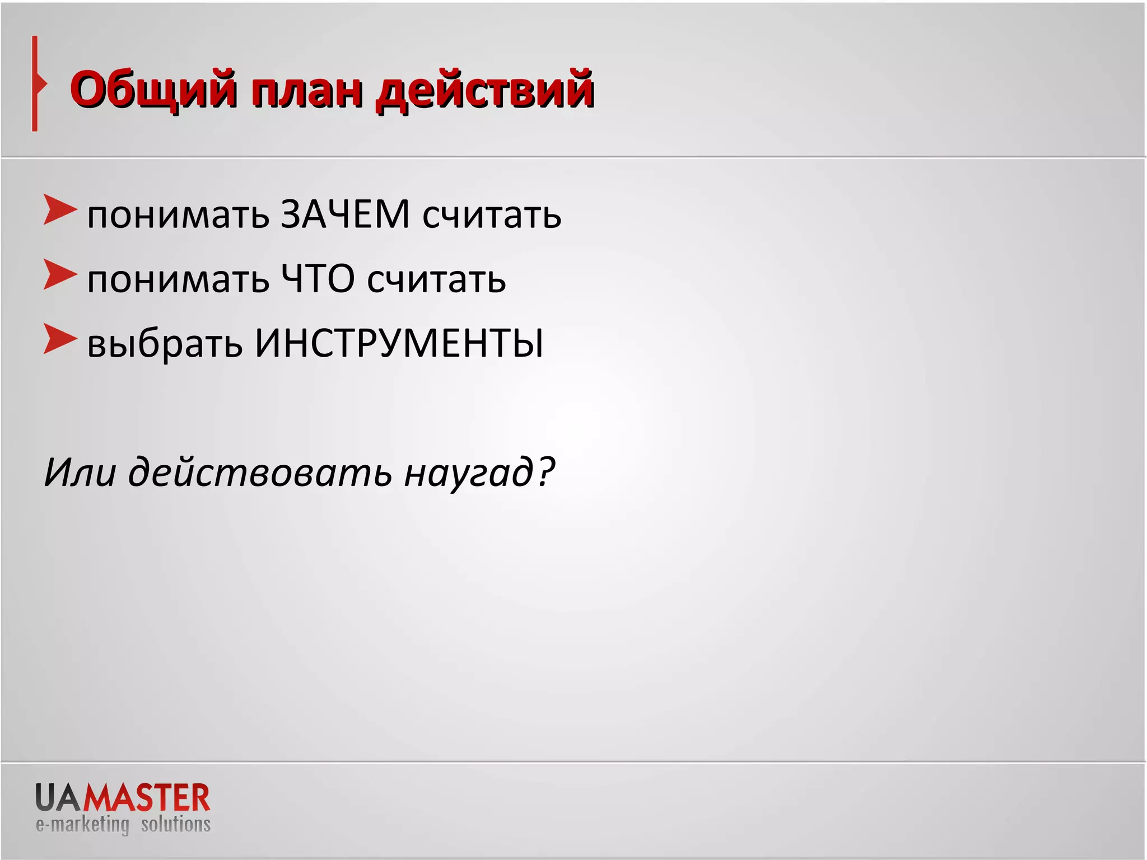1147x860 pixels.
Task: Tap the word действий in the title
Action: [x=484, y=90]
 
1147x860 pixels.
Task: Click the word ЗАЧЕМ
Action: [x=345, y=214]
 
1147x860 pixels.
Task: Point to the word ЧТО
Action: [x=318, y=279]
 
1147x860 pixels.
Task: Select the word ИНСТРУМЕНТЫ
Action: [x=399, y=343]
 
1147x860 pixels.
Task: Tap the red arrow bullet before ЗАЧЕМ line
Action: [x=59, y=211]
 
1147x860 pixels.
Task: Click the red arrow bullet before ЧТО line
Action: [x=59, y=275]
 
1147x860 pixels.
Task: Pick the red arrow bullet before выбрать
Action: [x=59, y=339]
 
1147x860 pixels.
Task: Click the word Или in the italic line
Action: [x=80, y=472]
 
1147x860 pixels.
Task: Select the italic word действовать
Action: [x=260, y=472]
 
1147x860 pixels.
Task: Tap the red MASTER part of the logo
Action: [x=147, y=798]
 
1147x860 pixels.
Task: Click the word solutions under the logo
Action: [x=175, y=824]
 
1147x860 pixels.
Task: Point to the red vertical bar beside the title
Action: [x=35, y=84]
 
